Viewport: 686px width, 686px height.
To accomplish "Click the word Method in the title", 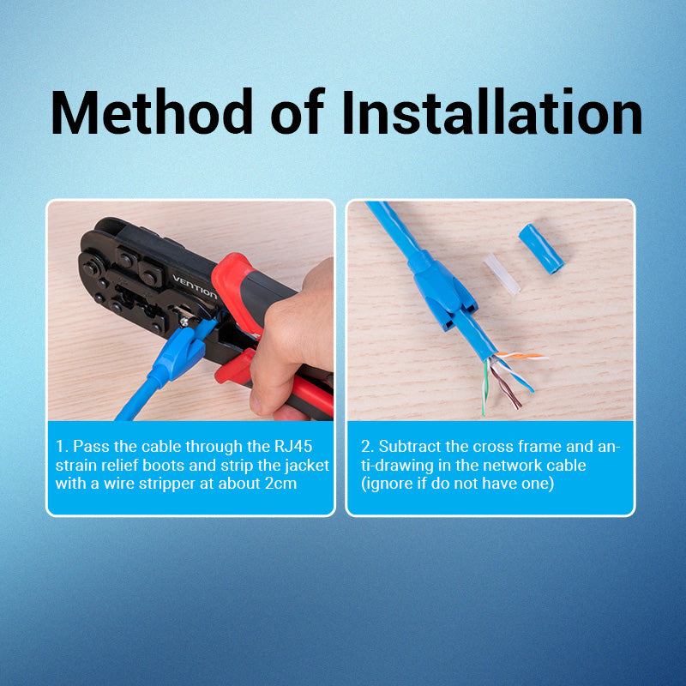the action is coord(152,111).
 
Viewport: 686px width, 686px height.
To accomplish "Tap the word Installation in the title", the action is coord(492,111).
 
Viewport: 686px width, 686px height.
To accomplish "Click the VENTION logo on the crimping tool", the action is coord(195,287).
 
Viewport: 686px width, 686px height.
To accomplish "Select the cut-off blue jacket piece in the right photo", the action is coord(541,249).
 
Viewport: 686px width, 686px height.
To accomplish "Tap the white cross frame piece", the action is coord(502,274).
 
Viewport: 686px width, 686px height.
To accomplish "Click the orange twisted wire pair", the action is coord(521,355).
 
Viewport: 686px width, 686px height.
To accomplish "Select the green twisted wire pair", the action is coord(484,388).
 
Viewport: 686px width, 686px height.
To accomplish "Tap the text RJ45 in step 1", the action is coord(293,446).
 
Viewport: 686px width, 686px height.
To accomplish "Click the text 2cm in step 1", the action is coord(281,484).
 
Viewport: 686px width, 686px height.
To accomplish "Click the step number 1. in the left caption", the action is coord(62,446).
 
